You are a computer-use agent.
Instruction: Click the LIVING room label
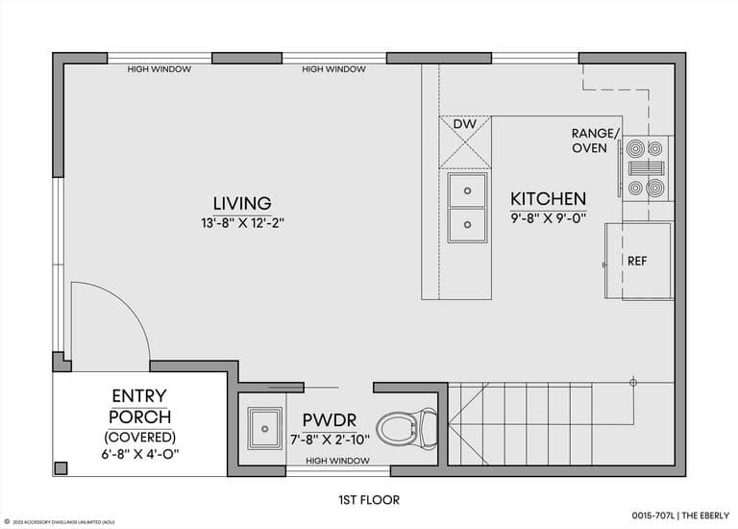pyautogui.click(x=242, y=203)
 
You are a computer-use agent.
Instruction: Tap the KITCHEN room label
pyautogui.click(x=548, y=199)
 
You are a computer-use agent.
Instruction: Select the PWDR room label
pyautogui.click(x=331, y=420)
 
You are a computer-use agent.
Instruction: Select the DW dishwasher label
pyautogui.click(x=464, y=125)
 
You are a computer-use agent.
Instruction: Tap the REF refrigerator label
pyautogui.click(x=636, y=261)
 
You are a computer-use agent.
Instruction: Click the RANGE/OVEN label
pyautogui.click(x=596, y=140)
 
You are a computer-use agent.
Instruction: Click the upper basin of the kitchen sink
pyautogui.click(x=467, y=189)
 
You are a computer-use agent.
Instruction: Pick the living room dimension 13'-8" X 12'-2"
pyautogui.click(x=242, y=223)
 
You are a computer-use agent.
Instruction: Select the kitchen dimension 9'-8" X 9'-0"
pyautogui.click(x=548, y=218)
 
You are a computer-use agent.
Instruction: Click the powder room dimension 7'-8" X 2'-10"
pyautogui.click(x=331, y=440)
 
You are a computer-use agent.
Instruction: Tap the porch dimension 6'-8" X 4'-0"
pyautogui.click(x=139, y=452)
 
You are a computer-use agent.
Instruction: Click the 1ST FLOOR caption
pyautogui.click(x=369, y=499)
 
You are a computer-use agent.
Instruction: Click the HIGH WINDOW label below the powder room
pyautogui.click(x=336, y=461)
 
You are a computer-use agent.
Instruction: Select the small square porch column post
pyautogui.click(x=61, y=467)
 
